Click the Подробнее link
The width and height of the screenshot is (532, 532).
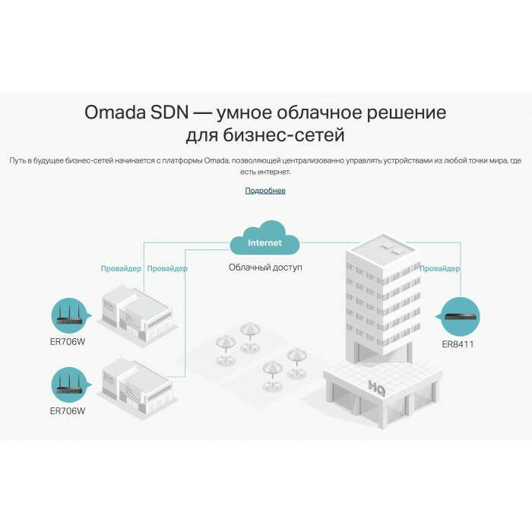[x=265, y=190]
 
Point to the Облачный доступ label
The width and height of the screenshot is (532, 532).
[x=265, y=268]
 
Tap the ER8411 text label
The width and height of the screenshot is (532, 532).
[x=458, y=344]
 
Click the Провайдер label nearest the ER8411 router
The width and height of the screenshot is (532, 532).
[x=440, y=268]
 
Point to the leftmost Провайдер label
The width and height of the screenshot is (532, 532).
[x=121, y=268]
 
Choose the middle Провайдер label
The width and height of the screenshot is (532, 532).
[x=167, y=268]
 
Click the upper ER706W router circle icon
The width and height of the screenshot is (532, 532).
[x=69, y=315]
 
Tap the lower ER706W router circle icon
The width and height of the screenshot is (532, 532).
[x=69, y=385]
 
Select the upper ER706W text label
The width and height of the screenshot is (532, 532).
[x=68, y=340]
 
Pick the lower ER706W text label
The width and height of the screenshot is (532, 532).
[x=68, y=410]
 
